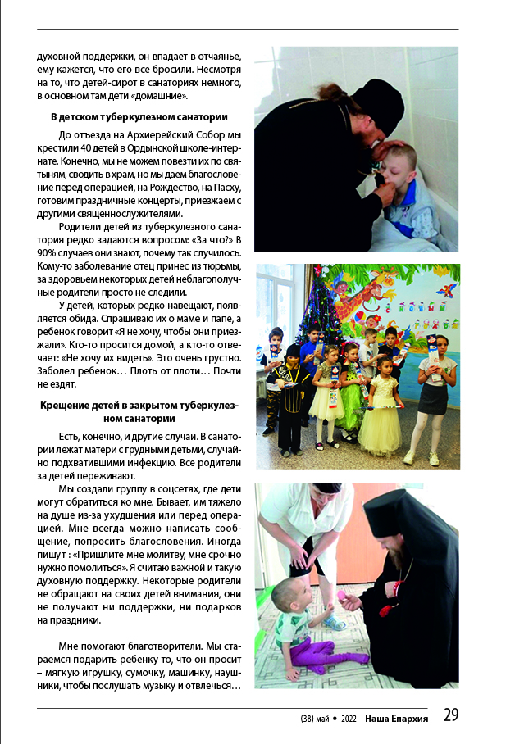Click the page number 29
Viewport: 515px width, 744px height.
tap(450, 715)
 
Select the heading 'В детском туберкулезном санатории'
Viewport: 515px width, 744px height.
tap(139, 117)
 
